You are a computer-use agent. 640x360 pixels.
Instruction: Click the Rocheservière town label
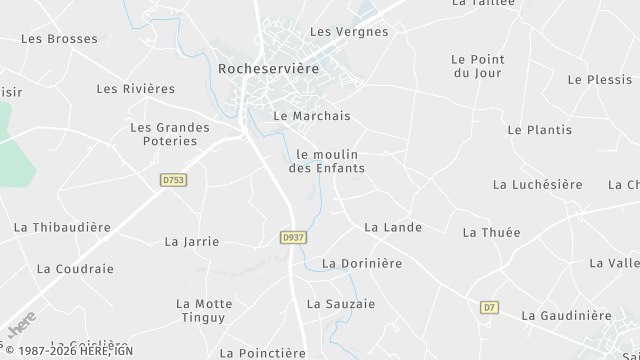point(268,69)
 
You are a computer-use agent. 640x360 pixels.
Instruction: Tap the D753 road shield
point(173,180)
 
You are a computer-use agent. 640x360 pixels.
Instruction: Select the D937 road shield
point(293,237)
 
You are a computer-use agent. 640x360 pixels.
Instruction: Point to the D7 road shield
point(489,307)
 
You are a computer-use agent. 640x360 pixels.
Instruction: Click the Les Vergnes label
point(349,32)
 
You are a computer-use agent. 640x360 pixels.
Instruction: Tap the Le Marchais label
point(312,116)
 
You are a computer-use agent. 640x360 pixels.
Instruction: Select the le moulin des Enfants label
point(327,161)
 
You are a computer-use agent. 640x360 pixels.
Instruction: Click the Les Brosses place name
point(59,39)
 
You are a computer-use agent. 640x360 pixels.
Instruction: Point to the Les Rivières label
point(136,89)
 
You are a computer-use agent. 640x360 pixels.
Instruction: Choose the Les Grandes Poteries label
point(170,134)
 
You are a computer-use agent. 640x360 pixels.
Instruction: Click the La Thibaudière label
point(62,227)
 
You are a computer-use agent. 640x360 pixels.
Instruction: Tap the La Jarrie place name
point(191,241)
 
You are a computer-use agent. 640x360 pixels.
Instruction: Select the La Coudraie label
point(75,269)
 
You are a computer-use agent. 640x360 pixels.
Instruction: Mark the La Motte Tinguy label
point(204,311)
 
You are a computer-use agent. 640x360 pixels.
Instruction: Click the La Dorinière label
point(362,263)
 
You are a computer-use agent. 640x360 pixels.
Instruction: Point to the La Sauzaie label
point(341,303)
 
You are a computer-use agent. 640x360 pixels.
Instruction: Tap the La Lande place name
point(393,228)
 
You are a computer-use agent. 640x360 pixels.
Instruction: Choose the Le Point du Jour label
point(476,66)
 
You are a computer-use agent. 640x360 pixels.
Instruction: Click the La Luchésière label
point(538,185)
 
